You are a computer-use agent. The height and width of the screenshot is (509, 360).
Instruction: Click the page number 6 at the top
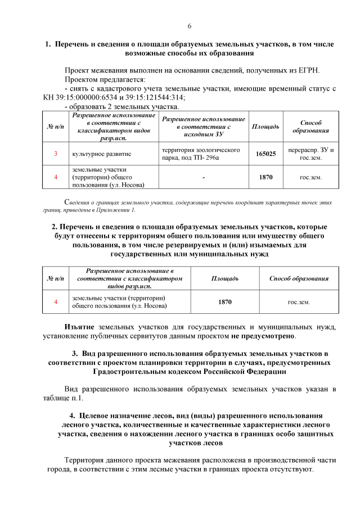[190, 26]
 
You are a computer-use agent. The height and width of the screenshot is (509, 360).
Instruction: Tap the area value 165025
[265, 154]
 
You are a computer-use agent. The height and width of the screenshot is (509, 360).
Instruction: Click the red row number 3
[55, 154]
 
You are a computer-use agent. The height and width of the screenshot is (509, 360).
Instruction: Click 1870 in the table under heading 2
[225, 302]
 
